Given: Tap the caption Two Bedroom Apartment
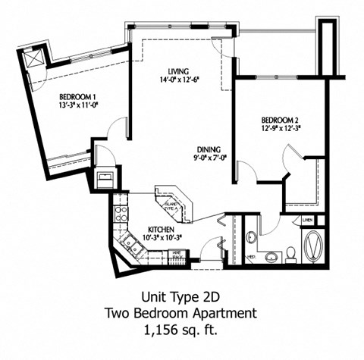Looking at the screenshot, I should [x=181, y=312].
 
